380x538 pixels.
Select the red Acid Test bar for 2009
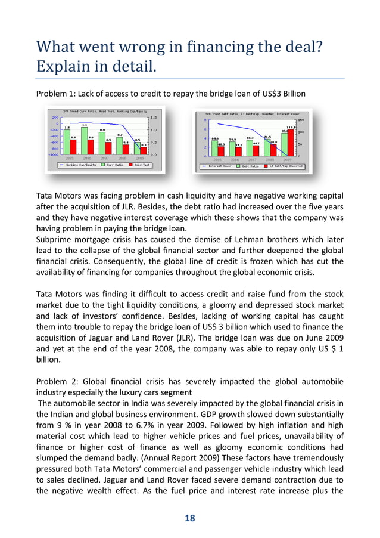coord(144,150)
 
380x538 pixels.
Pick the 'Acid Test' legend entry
coord(141,165)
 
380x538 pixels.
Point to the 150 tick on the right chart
coord(301,119)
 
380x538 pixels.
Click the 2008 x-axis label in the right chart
coord(269,160)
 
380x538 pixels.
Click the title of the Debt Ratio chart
coord(252,113)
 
